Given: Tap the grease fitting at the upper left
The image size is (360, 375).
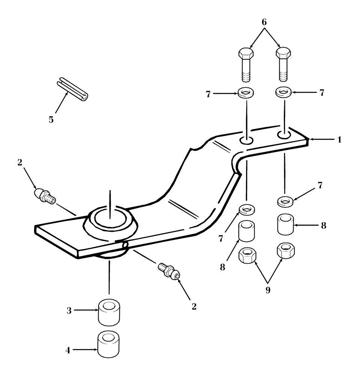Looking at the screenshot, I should (44, 196).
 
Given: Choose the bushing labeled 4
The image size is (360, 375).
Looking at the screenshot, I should (109, 343).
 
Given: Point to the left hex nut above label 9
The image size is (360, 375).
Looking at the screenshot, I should (247, 255).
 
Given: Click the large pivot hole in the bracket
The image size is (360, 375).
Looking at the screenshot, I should (110, 219).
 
